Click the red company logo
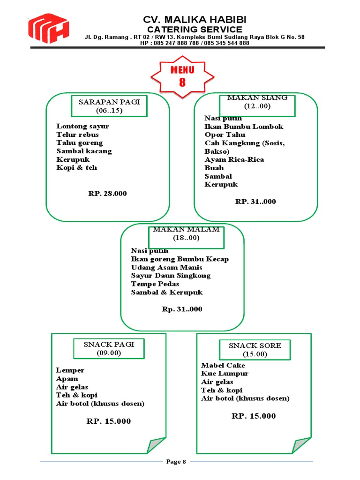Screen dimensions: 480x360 click(48, 29)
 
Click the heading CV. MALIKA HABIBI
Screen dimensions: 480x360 click(195, 20)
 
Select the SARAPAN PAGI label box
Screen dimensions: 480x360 click(109, 106)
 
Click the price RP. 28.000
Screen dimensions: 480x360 click(107, 193)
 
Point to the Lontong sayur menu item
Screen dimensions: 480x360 click(82, 126)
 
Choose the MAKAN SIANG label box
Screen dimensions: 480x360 click(257, 102)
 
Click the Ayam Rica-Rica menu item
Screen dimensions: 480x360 click(234, 159)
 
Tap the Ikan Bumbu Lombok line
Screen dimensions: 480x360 click(244, 127)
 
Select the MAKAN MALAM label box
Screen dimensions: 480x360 click(186, 233)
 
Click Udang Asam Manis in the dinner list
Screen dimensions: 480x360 click(166, 267)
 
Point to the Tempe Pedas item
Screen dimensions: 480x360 click(155, 284)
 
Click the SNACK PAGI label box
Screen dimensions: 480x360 click(109, 348)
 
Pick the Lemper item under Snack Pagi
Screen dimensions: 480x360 click(70, 370)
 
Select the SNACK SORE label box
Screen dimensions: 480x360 click(255, 350)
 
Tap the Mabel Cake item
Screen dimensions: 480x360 click(223, 365)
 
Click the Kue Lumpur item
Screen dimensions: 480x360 click(225, 374)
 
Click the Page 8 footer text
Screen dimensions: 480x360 click(176, 462)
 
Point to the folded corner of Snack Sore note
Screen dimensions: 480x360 click(301, 445)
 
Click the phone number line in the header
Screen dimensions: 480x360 click(195, 43)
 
